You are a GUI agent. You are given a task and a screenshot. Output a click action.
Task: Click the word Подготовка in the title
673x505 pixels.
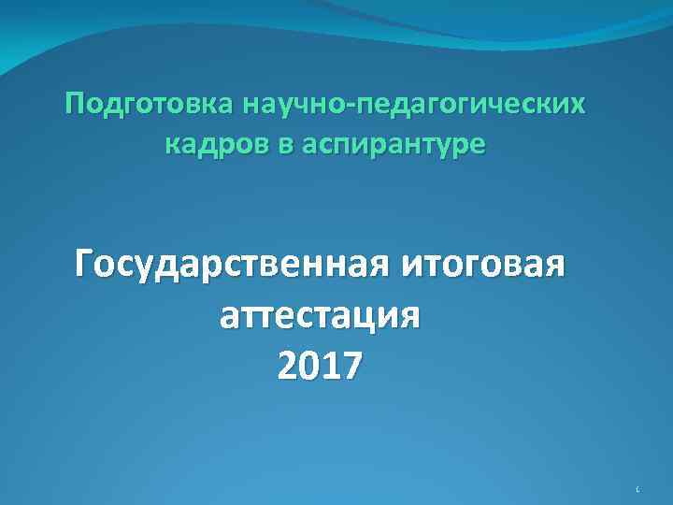pos(150,105)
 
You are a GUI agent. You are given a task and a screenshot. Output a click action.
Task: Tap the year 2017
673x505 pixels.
pos(318,366)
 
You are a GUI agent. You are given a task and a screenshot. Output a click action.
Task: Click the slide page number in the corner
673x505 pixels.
pos(636,488)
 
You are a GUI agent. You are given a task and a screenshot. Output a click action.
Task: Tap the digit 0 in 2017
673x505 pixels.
pos(308,366)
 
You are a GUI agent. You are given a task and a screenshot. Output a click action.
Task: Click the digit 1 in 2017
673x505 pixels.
pos(328,366)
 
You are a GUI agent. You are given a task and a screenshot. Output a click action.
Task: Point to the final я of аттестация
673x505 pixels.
pos(408,319)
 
